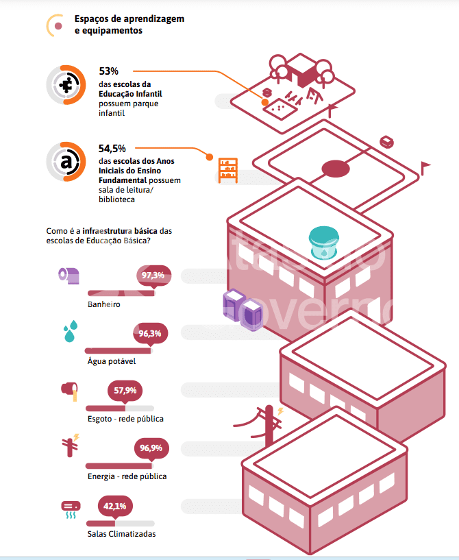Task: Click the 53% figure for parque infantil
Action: tap(109, 71)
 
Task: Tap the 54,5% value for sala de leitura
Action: tap(112, 148)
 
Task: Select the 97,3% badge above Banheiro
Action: tap(153, 276)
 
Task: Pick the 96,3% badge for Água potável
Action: tap(150, 334)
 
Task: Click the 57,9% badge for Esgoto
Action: tap(125, 390)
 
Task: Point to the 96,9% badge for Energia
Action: tap(151, 448)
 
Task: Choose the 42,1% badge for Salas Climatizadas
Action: tap(115, 507)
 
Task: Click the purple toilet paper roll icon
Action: tap(69, 275)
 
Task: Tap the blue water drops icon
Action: tap(69, 332)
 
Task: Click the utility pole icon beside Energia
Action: tap(71, 446)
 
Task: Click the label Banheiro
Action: tap(104, 304)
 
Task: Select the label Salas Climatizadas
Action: tap(121, 534)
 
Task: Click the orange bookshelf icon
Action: tap(227, 170)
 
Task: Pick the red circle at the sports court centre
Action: tap(336, 169)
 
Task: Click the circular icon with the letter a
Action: tap(66, 162)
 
